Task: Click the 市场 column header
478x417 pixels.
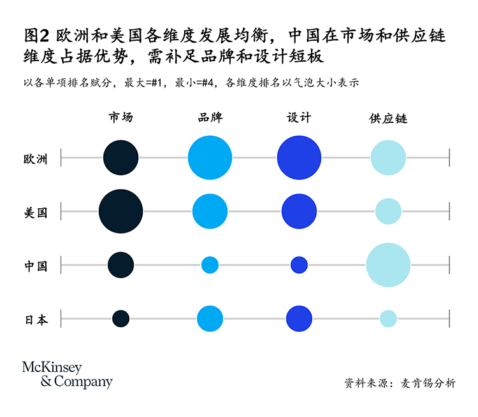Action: [120, 117]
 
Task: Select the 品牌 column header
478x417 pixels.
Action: [210, 117]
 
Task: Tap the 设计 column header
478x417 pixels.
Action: [299, 117]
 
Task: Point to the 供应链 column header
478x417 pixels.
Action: [388, 118]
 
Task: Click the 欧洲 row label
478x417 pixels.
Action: [36, 159]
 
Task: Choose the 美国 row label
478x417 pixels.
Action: [36, 213]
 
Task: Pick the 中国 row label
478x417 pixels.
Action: [36, 266]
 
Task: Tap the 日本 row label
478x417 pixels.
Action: [36, 320]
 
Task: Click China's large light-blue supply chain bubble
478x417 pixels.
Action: [388, 265]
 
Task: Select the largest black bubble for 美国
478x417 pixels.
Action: [120, 211]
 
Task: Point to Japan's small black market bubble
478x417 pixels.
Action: [120, 318]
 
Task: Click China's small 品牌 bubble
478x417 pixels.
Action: [210, 265]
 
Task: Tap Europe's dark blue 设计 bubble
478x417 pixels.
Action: [299, 157]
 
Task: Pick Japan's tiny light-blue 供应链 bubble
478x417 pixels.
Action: [388, 318]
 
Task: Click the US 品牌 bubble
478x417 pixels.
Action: [210, 211]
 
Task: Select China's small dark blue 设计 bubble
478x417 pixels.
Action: [299, 265]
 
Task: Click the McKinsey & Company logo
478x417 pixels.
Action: [67, 374]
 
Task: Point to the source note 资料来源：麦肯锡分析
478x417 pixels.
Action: [400, 383]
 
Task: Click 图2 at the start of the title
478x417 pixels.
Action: [36, 36]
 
